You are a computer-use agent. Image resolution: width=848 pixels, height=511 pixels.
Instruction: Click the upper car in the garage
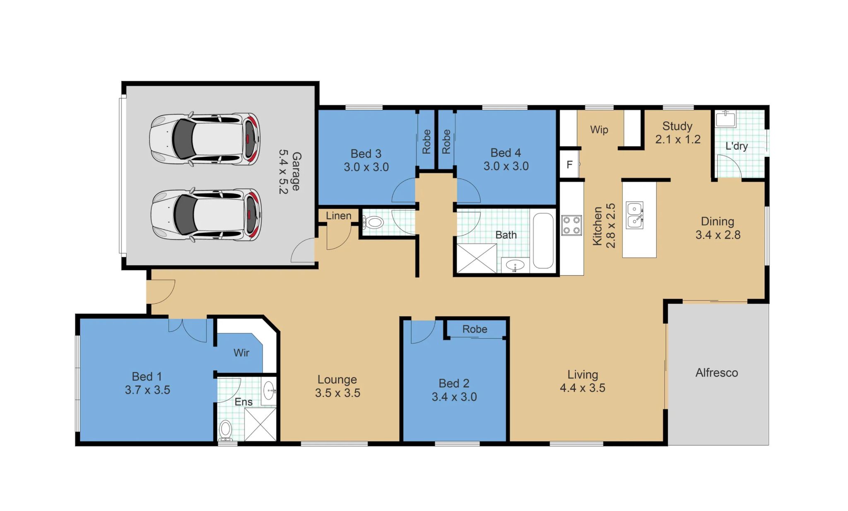(205, 139)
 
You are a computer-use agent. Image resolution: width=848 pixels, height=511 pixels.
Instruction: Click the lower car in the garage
(206, 215)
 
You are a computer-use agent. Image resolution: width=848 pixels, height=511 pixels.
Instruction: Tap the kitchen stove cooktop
(571, 225)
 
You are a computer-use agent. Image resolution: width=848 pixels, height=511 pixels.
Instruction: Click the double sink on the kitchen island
(634, 215)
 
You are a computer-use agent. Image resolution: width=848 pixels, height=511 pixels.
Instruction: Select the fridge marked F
(569, 164)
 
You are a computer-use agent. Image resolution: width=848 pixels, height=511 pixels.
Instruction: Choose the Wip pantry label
(599, 130)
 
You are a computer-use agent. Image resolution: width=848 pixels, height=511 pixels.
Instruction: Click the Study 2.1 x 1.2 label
(677, 133)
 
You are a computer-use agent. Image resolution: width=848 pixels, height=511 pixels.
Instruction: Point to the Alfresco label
(716, 373)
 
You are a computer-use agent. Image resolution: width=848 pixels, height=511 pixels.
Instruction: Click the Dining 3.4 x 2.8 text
(718, 228)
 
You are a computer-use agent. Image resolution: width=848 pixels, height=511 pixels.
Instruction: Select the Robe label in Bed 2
(475, 329)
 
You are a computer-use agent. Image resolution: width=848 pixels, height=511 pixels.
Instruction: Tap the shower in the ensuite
(260, 424)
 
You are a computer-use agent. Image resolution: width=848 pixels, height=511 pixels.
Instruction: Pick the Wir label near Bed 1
(241, 353)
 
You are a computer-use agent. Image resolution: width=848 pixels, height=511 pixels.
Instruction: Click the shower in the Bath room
(476, 258)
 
